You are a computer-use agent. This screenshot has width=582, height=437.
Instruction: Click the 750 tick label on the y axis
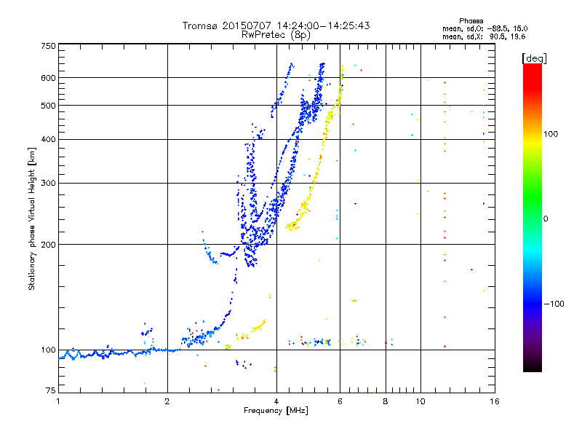pos(49,46)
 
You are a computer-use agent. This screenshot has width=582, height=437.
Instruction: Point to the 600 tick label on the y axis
pos(49,78)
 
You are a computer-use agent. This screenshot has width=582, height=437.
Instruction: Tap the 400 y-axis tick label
pos(49,139)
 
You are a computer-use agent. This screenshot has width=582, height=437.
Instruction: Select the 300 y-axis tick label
pos(49,183)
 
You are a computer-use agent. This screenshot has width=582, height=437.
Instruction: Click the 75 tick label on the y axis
pos(51,391)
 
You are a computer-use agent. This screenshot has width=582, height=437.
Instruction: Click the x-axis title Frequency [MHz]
pos(276,412)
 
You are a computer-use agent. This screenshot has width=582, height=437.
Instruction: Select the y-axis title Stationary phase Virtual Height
pos(32,219)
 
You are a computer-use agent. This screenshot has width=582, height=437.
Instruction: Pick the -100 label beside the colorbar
pos(556,304)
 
